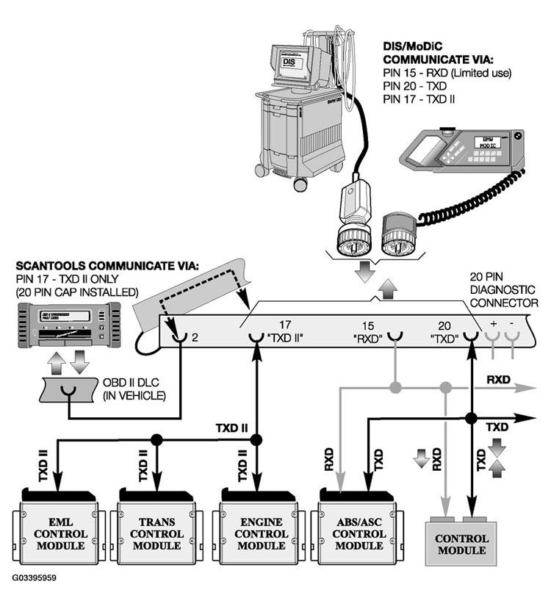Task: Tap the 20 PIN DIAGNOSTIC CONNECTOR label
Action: (503, 290)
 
